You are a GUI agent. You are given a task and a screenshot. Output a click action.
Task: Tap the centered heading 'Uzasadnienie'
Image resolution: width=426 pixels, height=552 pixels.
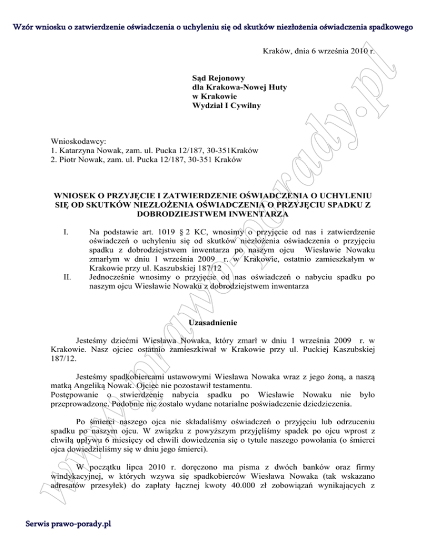(212, 323)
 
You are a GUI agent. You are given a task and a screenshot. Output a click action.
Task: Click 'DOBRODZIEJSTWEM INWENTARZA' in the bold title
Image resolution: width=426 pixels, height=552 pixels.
(212, 213)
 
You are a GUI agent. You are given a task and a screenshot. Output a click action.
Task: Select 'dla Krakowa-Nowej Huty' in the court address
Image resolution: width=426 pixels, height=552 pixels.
(239, 88)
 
